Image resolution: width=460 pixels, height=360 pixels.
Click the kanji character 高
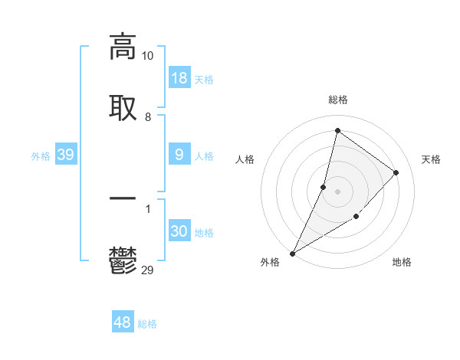[x=123, y=47]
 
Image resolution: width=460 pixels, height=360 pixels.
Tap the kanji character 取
[x=123, y=107]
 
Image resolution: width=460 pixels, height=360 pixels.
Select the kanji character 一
[x=123, y=198]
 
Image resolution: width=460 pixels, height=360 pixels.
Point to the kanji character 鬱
[x=123, y=260]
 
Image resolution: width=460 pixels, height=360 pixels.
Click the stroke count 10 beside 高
[x=148, y=56]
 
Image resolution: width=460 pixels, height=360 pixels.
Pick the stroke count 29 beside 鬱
[x=148, y=270]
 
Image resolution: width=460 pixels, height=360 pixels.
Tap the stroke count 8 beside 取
[x=148, y=116]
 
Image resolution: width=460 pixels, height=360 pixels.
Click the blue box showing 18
[x=179, y=78]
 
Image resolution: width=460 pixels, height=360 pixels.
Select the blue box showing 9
[x=179, y=155]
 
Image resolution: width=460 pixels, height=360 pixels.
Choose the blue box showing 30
[x=179, y=231]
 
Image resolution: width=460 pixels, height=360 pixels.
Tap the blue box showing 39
[x=66, y=155]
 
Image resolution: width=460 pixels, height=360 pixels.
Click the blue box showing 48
[x=123, y=322]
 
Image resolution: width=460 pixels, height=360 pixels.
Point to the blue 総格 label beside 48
[x=147, y=324]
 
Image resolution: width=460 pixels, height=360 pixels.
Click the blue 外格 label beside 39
[x=41, y=156]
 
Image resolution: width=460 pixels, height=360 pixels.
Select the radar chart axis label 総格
[x=338, y=100]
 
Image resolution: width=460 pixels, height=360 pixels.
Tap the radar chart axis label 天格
[x=432, y=159]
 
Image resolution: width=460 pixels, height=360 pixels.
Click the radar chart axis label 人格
[x=245, y=159]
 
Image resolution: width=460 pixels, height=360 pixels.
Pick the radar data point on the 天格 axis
[x=396, y=172]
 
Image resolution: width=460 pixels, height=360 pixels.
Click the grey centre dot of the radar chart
[x=338, y=191]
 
